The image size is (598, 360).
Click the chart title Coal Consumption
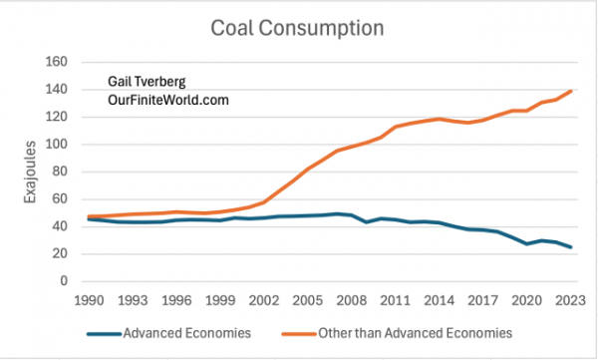point(298,28)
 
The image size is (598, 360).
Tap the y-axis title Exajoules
point(29,172)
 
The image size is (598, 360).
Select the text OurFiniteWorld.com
point(168,101)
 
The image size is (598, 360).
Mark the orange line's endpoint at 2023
point(571,92)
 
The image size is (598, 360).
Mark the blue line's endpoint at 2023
point(571,247)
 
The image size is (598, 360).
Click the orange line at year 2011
point(392,128)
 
